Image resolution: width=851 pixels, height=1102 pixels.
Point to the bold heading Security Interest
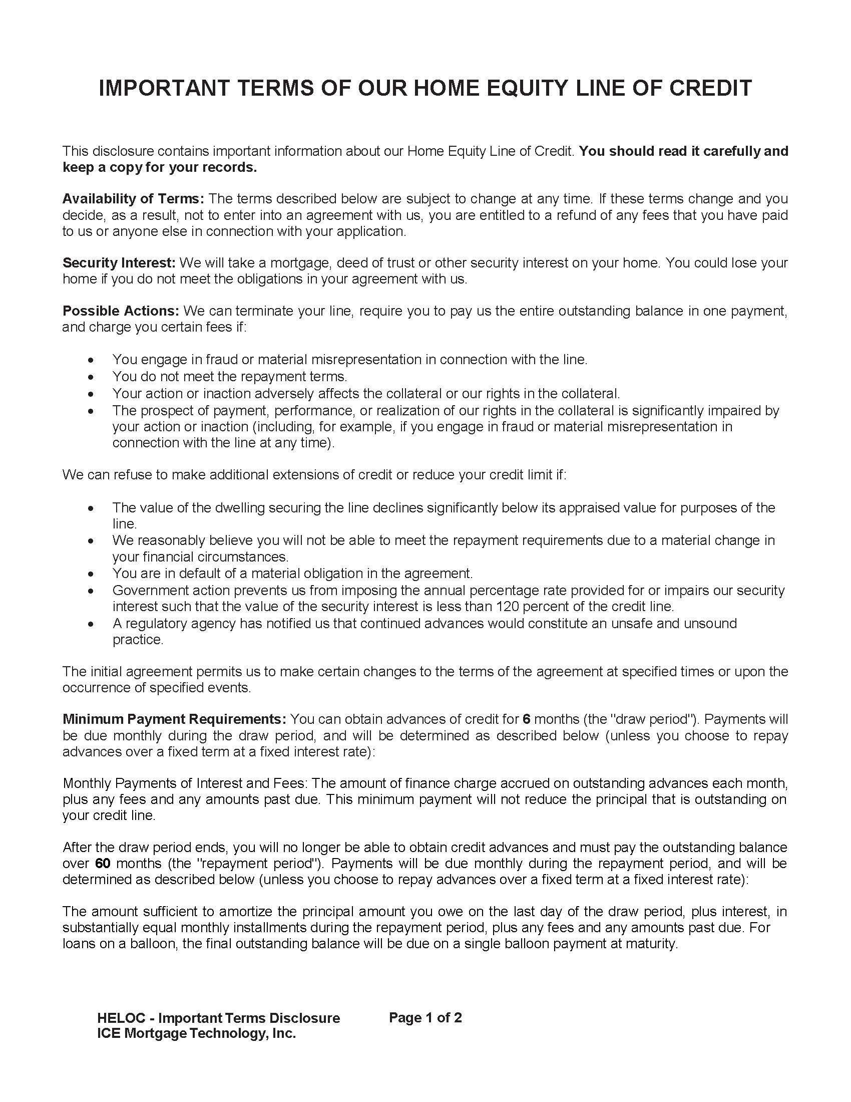pyautogui.click(x=119, y=263)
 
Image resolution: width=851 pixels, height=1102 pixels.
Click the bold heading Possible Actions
pyautogui.click(x=121, y=311)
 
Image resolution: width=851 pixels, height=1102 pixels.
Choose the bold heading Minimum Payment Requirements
pyautogui.click(x=174, y=719)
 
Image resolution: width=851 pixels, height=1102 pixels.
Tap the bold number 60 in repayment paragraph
pyautogui.click(x=103, y=864)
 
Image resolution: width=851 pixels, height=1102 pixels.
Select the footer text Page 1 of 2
pyautogui.click(x=425, y=1018)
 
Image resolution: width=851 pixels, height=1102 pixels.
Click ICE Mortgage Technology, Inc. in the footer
pyautogui.click(x=196, y=1033)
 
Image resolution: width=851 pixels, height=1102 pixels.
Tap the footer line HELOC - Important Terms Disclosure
pyautogui.click(x=218, y=1018)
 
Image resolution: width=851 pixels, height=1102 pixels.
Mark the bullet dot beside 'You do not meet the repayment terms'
pyautogui.click(x=91, y=377)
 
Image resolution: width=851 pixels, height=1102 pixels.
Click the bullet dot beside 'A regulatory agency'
pyautogui.click(x=91, y=624)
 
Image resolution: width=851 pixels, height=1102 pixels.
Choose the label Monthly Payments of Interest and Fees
pyautogui.click(x=185, y=783)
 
